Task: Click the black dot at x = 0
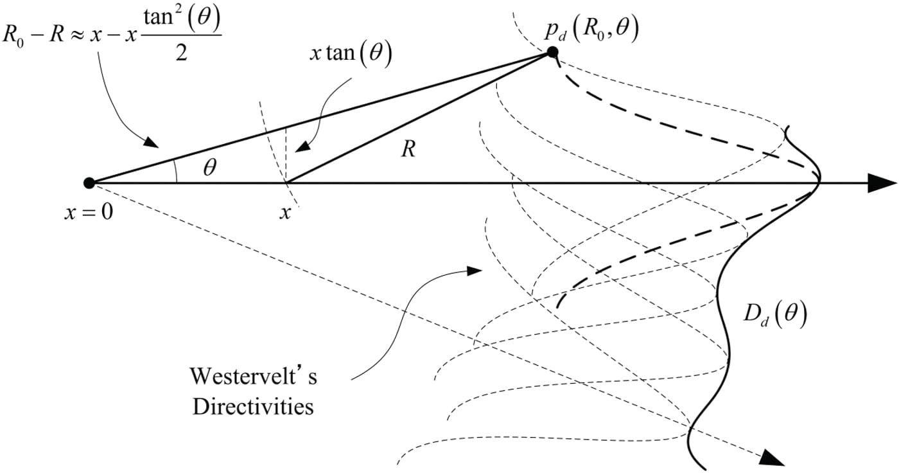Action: pos(89,183)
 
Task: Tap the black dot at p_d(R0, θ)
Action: pos(552,53)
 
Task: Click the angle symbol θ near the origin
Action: pos(209,168)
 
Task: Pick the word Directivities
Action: pos(253,406)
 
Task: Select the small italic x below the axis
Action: pos(284,212)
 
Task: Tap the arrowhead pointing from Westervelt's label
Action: pos(474,271)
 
